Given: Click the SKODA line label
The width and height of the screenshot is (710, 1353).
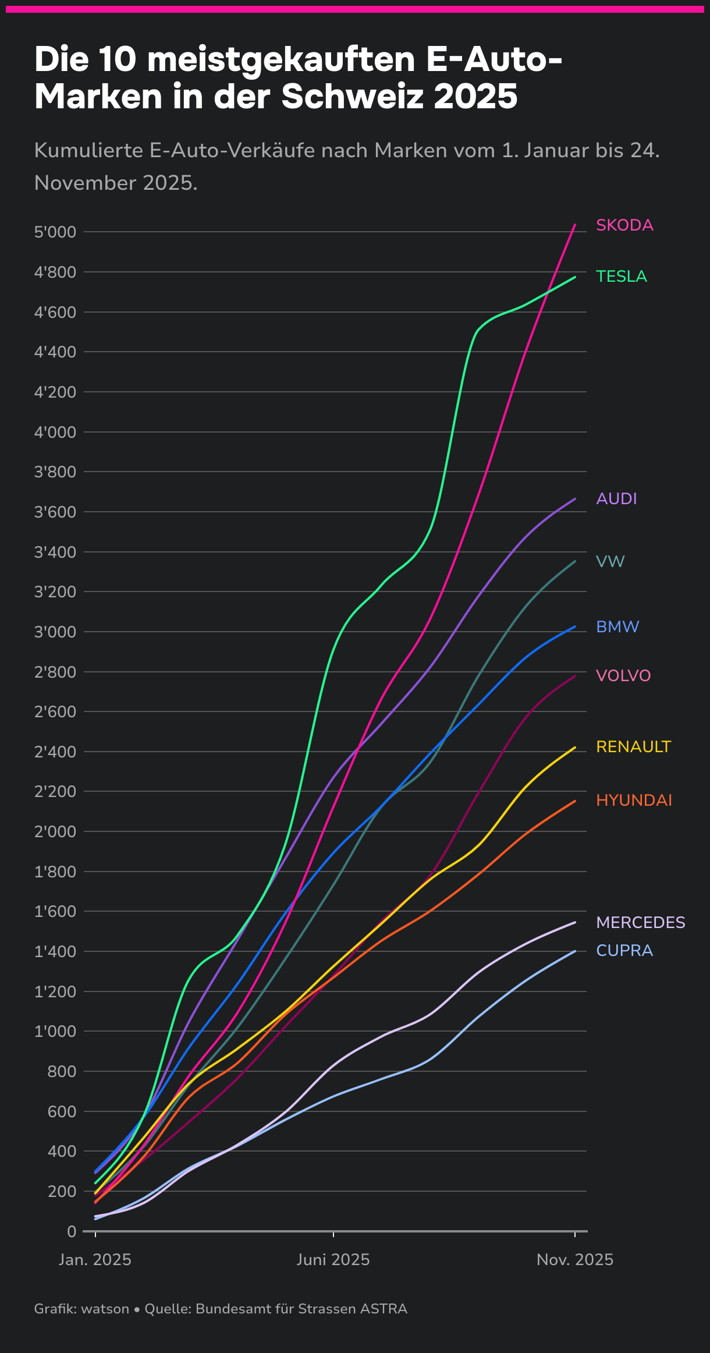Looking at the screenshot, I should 624,225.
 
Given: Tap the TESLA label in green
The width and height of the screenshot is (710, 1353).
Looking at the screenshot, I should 621,277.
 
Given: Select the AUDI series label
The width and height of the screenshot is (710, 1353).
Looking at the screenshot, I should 616,499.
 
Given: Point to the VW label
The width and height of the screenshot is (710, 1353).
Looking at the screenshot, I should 610,562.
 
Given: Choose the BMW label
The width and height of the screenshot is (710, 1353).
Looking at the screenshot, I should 617,627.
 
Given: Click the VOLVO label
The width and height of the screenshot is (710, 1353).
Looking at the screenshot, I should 623,676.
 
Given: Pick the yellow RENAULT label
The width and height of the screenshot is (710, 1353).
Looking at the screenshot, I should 633,747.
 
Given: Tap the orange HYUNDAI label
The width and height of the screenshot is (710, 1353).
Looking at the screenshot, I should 634,801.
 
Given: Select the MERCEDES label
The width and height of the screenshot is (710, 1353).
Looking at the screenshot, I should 640,923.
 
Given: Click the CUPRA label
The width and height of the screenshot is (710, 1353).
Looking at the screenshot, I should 624,951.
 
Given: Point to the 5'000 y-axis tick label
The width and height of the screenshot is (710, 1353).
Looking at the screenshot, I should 55,232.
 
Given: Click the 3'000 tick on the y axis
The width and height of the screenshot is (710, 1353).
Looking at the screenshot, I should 55,632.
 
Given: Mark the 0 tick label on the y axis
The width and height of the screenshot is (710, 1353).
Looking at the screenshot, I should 72,1231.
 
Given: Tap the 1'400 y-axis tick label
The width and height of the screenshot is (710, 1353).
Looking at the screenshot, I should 55,952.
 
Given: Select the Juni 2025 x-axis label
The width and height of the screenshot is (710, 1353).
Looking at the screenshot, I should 333,1260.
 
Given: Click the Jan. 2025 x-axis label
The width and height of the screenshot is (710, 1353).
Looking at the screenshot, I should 95,1260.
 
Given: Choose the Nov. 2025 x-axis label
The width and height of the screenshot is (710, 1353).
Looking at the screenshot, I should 574,1260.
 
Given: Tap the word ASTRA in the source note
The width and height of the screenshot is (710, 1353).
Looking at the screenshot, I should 384,1309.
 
